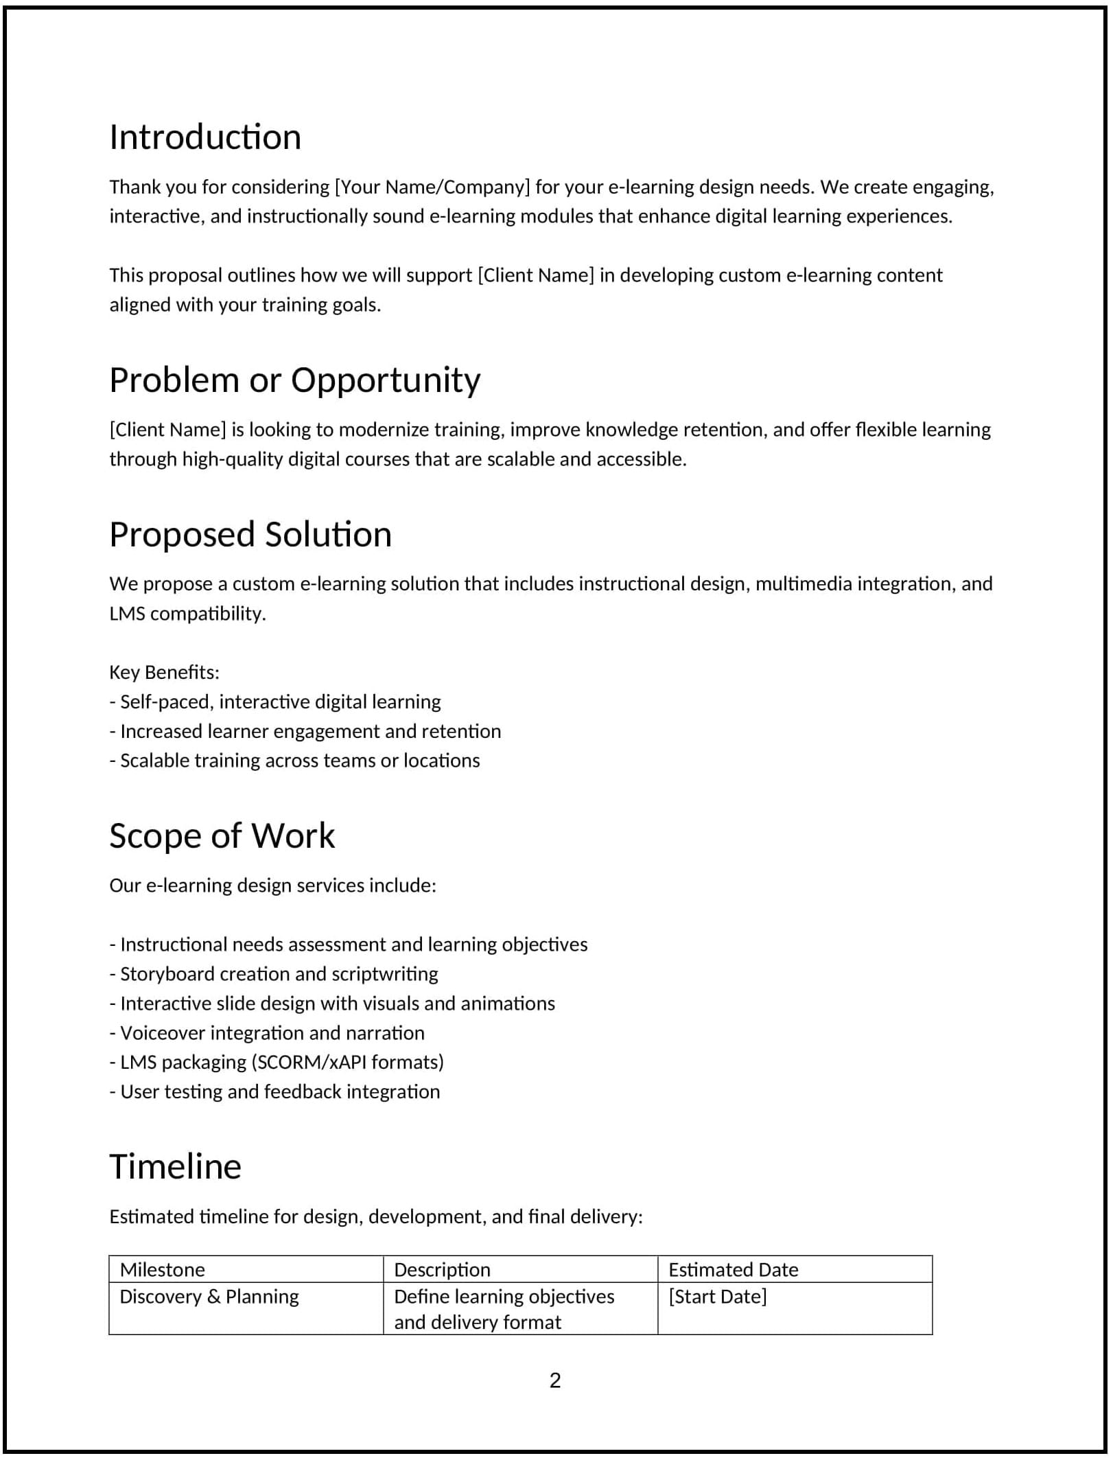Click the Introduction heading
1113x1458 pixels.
pyautogui.click(x=205, y=137)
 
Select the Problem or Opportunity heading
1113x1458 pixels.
pyautogui.click(x=295, y=380)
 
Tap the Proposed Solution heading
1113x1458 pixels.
pyautogui.click(x=250, y=535)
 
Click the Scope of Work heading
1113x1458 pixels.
pyautogui.click(x=222, y=836)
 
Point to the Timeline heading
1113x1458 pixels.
pyautogui.click(x=175, y=1167)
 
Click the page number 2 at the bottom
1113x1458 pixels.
pyautogui.click(x=555, y=1380)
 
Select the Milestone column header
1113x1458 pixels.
pyautogui.click(x=163, y=1270)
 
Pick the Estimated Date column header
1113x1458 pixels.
pyautogui.click(x=733, y=1270)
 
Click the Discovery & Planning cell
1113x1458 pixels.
pyautogui.click(x=209, y=1297)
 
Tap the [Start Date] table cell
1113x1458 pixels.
pyautogui.click(x=717, y=1297)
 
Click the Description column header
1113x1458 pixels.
pyautogui.click(x=442, y=1270)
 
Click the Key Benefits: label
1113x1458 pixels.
pyautogui.click(x=164, y=672)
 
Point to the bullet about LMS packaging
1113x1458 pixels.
pyautogui.click(x=277, y=1063)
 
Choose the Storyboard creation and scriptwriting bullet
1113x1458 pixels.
pyautogui.click(x=274, y=974)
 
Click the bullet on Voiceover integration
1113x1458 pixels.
pyautogui.click(x=267, y=1033)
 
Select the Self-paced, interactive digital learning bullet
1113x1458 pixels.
pyautogui.click(x=275, y=702)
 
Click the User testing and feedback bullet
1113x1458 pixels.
pyautogui.click(x=274, y=1092)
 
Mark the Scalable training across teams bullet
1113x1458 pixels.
pyautogui.click(x=294, y=761)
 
